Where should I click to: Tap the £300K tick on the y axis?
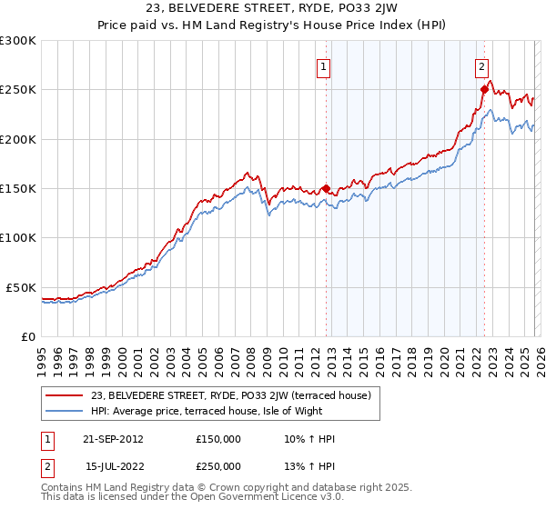click(x=18, y=41)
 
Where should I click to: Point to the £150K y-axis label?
click(x=18, y=189)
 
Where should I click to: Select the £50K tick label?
click(x=21, y=287)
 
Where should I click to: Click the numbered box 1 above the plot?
click(x=325, y=65)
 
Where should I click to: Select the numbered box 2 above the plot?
click(x=481, y=65)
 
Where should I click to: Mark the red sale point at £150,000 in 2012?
click(x=326, y=189)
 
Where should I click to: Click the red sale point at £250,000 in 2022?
click(x=484, y=90)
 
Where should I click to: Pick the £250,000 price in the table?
click(x=218, y=464)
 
